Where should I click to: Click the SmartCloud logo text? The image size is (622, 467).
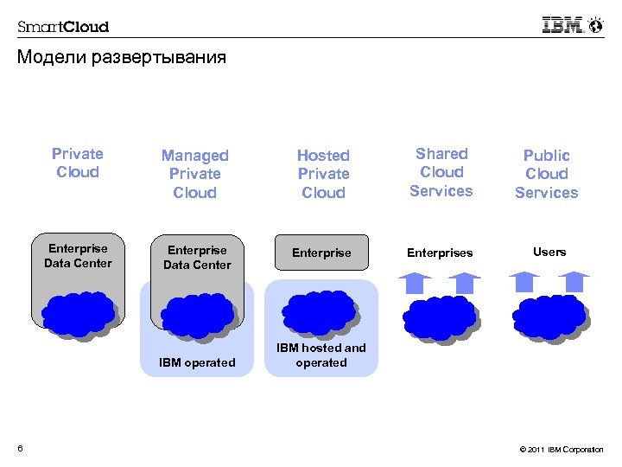(x=64, y=26)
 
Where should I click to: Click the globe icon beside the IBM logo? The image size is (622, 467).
(x=595, y=25)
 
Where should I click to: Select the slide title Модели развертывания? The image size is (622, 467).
(x=121, y=58)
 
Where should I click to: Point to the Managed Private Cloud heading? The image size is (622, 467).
(x=195, y=174)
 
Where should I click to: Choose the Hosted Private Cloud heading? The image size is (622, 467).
(x=323, y=174)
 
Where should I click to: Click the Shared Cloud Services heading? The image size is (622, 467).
(x=441, y=172)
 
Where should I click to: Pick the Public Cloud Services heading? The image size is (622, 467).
(x=547, y=174)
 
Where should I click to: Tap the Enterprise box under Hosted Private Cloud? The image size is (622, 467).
(x=321, y=253)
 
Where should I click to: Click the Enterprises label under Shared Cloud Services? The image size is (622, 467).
(x=441, y=253)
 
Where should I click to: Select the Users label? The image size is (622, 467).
(x=549, y=252)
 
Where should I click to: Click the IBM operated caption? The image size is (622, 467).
(x=197, y=362)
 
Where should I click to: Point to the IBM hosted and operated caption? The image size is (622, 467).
(x=321, y=355)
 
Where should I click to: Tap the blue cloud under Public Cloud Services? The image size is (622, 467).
(x=549, y=316)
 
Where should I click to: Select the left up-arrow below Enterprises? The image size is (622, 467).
(x=416, y=283)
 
